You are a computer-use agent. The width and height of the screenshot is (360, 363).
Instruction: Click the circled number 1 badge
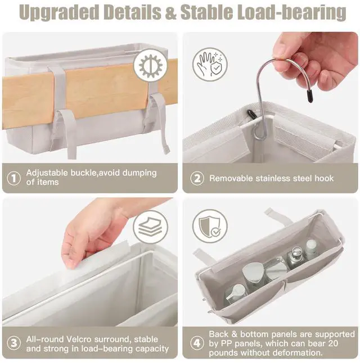[x=14, y=178]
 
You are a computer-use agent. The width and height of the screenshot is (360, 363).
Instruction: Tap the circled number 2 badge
[x=197, y=178]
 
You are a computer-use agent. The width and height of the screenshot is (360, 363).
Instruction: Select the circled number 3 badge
[x=14, y=343]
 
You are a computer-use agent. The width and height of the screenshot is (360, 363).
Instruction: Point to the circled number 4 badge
[x=197, y=343]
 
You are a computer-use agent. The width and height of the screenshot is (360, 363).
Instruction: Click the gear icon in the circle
[x=151, y=66]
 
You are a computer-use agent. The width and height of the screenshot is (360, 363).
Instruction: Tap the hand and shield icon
[x=210, y=65]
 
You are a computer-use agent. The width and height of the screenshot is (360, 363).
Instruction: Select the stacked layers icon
[x=150, y=227]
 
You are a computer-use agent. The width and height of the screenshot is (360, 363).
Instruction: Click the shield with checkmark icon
[x=210, y=226]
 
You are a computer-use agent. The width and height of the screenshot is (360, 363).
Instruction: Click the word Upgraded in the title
[x=59, y=12]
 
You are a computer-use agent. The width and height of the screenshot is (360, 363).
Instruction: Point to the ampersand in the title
[x=170, y=12]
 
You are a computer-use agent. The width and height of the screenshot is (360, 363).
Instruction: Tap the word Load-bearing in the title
[x=292, y=12]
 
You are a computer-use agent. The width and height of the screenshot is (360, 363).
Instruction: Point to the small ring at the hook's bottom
[x=259, y=135]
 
